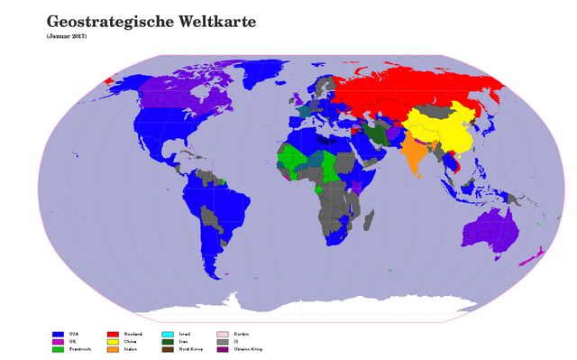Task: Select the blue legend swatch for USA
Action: pos(59,334)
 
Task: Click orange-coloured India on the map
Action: pos(413,152)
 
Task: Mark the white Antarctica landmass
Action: pos(361,307)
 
